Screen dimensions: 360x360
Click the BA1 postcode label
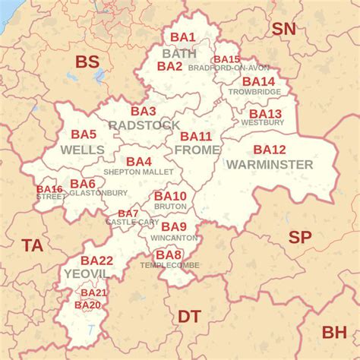point(182,37)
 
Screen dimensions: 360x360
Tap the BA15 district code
point(226,59)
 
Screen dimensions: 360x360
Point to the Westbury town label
point(262,122)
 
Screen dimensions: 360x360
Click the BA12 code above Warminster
point(270,150)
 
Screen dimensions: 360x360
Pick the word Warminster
point(269,164)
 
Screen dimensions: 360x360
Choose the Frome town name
point(197,150)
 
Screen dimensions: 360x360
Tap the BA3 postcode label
point(143,111)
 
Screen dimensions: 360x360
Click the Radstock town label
point(144,125)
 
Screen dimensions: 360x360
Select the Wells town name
point(82,150)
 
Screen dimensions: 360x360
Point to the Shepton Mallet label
point(138,172)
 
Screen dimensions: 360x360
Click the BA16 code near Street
point(49,189)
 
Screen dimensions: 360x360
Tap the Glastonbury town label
point(98,193)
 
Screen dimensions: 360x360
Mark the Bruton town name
point(169,207)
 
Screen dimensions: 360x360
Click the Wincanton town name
point(173,238)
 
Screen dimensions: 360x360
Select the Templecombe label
point(168,265)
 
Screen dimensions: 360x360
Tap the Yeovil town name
point(85,273)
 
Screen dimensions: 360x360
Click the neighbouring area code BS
point(87,62)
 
